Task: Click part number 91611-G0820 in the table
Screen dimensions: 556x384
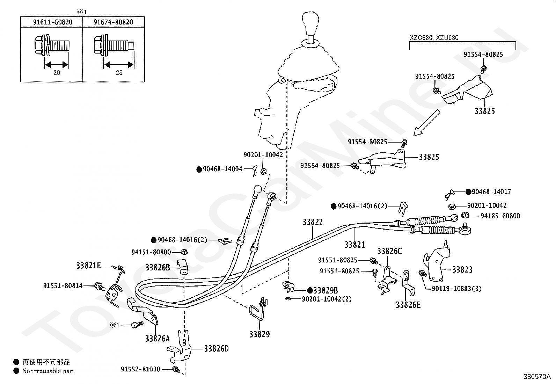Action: click(x=53, y=22)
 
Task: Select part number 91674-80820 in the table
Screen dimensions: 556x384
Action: click(x=113, y=22)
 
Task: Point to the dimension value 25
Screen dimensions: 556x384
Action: click(x=119, y=73)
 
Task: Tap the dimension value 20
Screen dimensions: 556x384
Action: click(x=57, y=73)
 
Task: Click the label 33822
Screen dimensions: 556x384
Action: click(x=313, y=222)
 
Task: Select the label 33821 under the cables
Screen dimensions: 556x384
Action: click(x=354, y=245)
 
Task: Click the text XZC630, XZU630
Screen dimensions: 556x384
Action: click(x=434, y=38)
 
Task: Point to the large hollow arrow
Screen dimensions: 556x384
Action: click(x=426, y=123)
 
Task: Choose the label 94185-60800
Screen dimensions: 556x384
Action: click(x=500, y=216)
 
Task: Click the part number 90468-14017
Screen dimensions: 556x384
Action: click(x=491, y=192)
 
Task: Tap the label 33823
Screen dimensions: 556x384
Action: click(x=462, y=269)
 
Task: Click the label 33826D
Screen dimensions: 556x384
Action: click(x=216, y=349)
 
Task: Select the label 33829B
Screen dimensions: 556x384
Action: click(x=325, y=290)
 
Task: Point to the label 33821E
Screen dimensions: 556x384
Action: click(x=88, y=266)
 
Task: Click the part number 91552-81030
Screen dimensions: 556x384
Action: click(x=140, y=369)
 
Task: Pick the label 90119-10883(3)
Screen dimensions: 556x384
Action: click(x=456, y=289)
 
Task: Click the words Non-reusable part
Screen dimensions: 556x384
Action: click(x=48, y=371)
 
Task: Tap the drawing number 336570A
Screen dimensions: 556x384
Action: click(x=537, y=377)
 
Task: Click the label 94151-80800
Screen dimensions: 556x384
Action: click(x=151, y=252)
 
